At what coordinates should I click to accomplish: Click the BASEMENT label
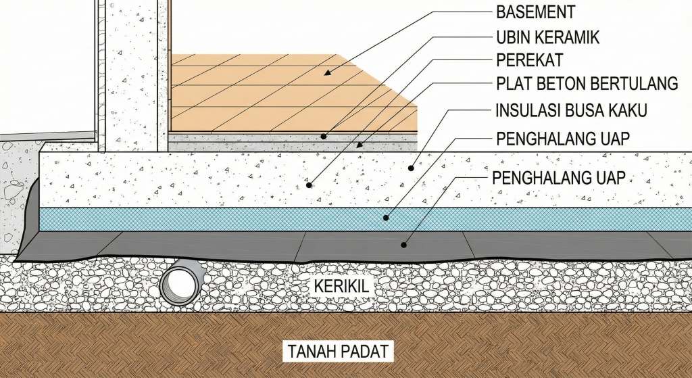(x=535, y=11)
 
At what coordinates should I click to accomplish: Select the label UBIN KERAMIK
(x=547, y=37)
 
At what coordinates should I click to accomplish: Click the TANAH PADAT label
(x=338, y=352)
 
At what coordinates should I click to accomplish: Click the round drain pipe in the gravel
(x=180, y=283)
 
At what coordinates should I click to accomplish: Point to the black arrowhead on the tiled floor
(x=326, y=72)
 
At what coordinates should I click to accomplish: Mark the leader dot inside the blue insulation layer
(x=386, y=217)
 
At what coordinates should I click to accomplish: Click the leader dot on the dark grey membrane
(x=405, y=245)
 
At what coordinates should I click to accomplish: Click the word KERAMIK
(x=569, y=37)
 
